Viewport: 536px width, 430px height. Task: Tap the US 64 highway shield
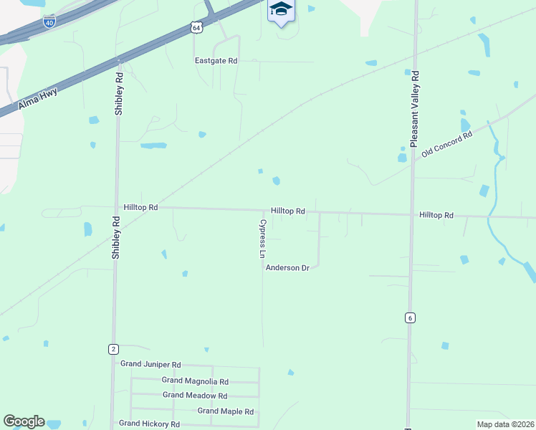tap(196, 27)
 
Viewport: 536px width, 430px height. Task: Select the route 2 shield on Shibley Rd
tap(113, 349)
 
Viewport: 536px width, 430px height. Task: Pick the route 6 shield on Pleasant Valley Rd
tap(410, 317)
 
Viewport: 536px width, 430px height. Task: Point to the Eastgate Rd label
tap(216, 61)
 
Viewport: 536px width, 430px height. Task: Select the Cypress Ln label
tap(262, 239)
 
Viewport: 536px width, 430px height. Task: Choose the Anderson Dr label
tap(287, 268)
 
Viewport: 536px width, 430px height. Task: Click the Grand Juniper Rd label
tap(150, 365)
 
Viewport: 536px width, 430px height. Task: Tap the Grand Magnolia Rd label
tap(195, 381)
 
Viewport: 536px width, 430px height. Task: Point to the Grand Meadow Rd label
tap(195, 396)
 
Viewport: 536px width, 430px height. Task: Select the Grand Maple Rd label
tap(226, 411)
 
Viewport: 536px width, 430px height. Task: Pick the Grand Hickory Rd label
tap(150, 424)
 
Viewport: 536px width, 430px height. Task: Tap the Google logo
tap(24, 421)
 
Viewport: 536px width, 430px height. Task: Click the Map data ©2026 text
tap(504, 424)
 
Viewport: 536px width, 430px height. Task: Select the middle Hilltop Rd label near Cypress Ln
tap(288, 211)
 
